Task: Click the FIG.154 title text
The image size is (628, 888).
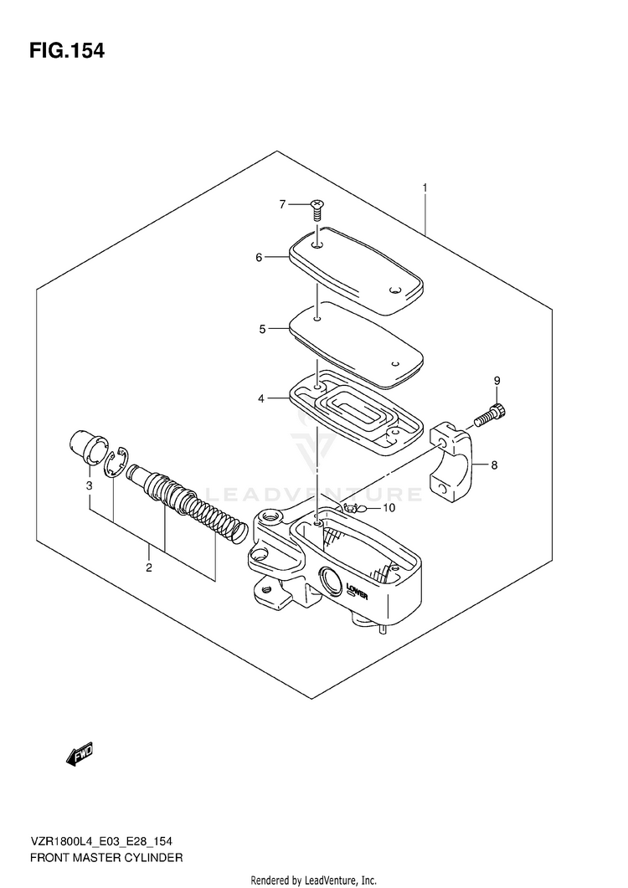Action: coord(67,52)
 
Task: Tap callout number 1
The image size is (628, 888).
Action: coord(425,187)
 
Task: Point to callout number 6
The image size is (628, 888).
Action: coord(260,257)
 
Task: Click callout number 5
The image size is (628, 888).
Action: coord(262,330)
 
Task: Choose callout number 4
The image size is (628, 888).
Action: coord(261,399)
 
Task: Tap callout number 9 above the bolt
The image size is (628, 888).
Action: coord(496,382)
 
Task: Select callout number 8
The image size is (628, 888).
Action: coord(494,465)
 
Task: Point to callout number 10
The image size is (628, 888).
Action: coord(388,508)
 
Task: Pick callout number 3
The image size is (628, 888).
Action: coord(88,485)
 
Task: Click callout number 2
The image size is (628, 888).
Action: coord(148,569)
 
